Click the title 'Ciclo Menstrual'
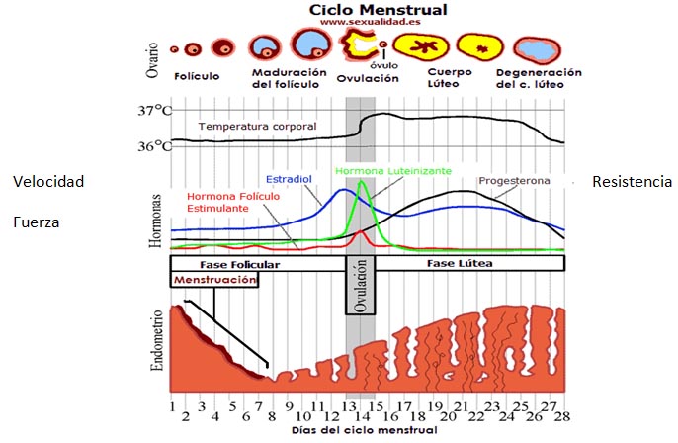(x=378, y=10)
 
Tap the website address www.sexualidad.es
(x=370, y=22)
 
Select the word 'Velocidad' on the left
(x=48, y=182)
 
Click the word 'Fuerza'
(x=37, y=222)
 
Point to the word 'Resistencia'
(x=632, y=182)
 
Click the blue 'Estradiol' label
(x=289, y=179)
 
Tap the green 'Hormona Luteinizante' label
(x=393, y=171)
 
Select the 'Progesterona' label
(x=514, y=181)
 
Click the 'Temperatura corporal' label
(x=257, y=127)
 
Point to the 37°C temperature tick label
(x=155, y=111)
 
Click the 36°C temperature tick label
(x=155, y=146)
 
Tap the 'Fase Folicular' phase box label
(x=239, y=265)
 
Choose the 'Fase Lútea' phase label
(x=460, y=263)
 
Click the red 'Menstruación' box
(x=214, y=280)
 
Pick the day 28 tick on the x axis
(x=562, y=416)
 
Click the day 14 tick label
(x=363, y=416)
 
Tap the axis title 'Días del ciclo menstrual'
(x=364, y=430)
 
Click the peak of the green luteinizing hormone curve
(x=362, y=182)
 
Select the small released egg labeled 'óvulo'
(x=383, y=44)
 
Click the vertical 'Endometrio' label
(x=157, y=340)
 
